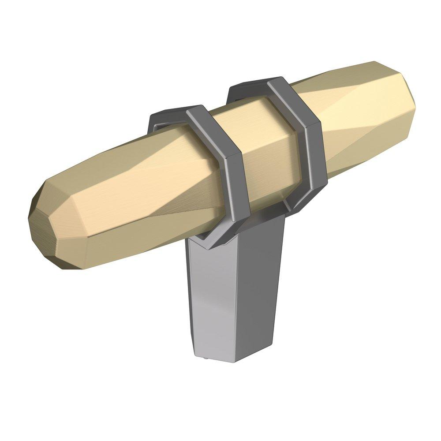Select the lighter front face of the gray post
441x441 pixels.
pos(212,300)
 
